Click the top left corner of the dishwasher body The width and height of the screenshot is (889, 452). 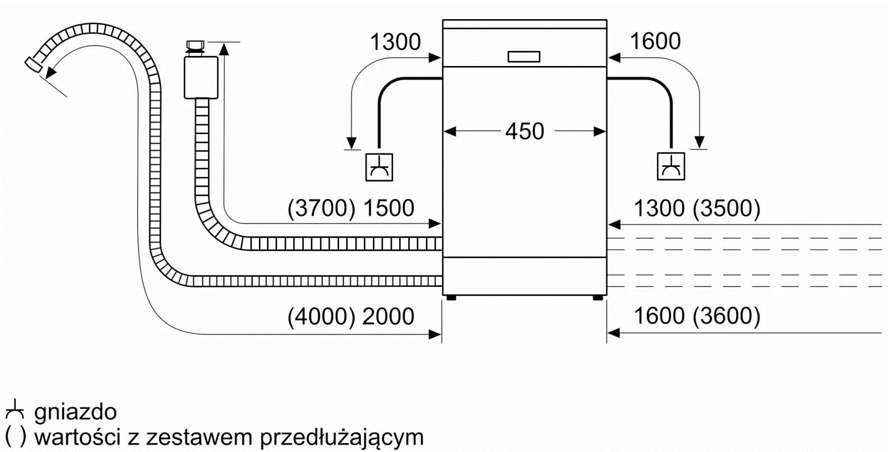pyautogui.click(x=443, y=20)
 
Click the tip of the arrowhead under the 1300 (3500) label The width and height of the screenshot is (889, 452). pyautogui.click(x=608, y=225)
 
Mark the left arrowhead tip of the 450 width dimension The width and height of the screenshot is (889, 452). pyautogui.click(x=444, y=131)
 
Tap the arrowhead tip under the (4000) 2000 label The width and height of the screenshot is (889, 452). pyautogui.click(x=441, y=334)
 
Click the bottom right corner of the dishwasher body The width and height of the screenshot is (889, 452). pyautogui.click(x=607, y=295)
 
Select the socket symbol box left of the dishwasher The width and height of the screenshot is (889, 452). pyautogui.click(x=379, y=167)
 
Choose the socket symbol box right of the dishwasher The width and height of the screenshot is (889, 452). pyautogui.click(x=671, y=166)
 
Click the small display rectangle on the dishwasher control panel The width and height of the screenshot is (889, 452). pyautogui.click(x=524, y=57)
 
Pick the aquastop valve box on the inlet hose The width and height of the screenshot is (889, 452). pyautogui.click(x=201, y=77)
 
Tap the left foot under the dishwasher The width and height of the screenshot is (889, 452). pyautogui.click(x=451, y=298)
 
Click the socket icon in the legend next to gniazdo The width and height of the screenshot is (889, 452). pyautogui.click(x=15, y=410)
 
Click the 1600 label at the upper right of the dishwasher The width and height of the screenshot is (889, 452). pyautogui.click(x=655, y=41)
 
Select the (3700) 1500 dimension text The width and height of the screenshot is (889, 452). pyautogui.click(x=351, y=208)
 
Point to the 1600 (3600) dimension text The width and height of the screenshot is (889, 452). pyautogui.click(x=697, y=316)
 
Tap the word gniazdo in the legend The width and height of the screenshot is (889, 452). pyautogui.click(x=76, y=412)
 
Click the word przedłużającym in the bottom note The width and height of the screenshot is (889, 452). pyautogui.click(x=342, y=438)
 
